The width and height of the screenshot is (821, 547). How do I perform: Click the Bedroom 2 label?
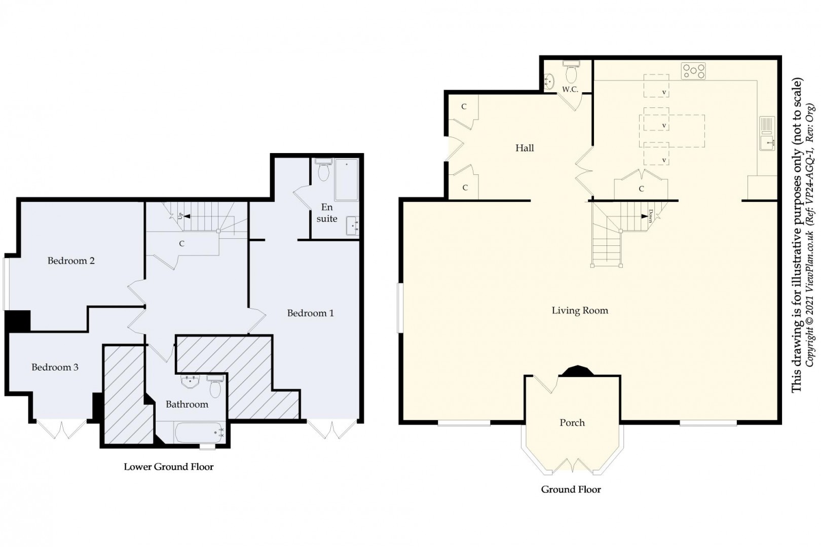(71, 261)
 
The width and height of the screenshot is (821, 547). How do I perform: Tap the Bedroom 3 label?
(55, 367)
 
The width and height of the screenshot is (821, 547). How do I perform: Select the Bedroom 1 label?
(310, 313)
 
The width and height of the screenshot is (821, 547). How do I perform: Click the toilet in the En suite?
(323, 171)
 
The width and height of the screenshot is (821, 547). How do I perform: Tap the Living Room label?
(580, 311)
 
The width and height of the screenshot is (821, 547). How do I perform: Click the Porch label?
(572, 423)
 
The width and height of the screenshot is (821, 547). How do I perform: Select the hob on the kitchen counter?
(693, 70)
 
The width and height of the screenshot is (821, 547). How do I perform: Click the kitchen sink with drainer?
(766, 133)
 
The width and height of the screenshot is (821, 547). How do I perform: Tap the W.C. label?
(570, 90)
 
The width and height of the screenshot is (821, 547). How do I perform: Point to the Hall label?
(525, 148)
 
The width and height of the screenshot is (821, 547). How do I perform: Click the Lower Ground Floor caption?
(169, 467)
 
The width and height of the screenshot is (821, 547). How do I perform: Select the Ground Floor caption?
(571, 489)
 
